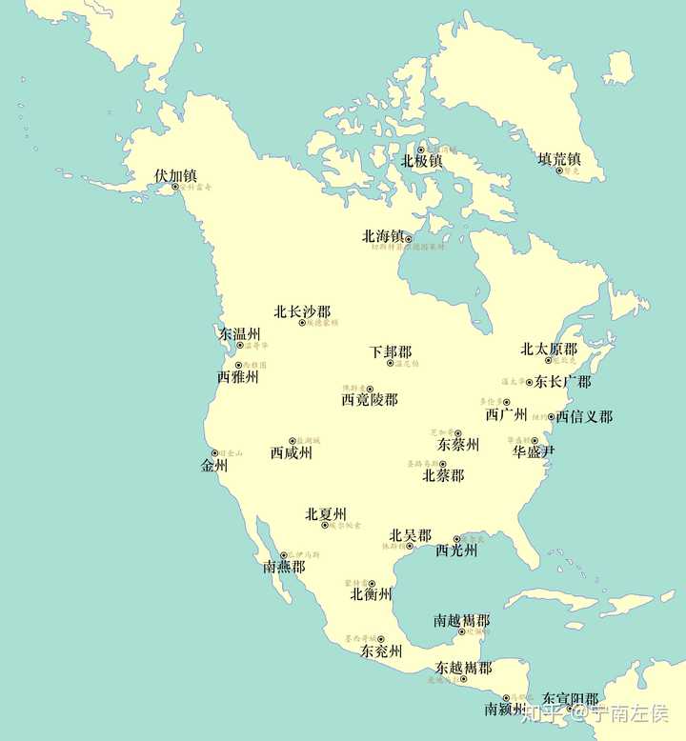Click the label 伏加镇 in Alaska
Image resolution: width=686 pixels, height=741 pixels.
coord(175,175)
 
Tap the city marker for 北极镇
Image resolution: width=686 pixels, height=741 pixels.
coord(420,150)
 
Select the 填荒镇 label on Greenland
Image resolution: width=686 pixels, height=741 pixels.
coord(559,159)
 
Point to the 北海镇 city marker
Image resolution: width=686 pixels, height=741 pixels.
coord(409,239)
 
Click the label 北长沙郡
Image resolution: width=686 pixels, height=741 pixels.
coord(302,311)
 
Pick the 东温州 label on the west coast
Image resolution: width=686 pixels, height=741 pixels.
coord(239,334)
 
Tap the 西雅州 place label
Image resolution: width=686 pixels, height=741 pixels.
coord(237,377)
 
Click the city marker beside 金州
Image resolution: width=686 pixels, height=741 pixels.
coord(214,453)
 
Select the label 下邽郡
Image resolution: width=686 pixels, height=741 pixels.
coord(391,351)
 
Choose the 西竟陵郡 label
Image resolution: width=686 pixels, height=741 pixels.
coord(370,400)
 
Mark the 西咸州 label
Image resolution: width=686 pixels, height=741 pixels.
coord(291,453)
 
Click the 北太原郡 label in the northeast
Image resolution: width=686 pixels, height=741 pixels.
coord(548,350)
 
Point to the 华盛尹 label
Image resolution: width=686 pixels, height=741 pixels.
coord(533,451)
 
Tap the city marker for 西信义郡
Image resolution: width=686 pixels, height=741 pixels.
coord(551,416)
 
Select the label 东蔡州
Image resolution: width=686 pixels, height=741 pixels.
coord(457,445)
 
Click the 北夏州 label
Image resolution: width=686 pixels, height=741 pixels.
coord(325,514)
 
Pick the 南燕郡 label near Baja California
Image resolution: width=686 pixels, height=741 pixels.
coord(284,567)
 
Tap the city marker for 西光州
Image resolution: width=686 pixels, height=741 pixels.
coord(456,539)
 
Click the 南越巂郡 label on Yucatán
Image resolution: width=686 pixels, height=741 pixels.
coord(461,620)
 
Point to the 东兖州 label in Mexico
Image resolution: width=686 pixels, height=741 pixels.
coord(381,651)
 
